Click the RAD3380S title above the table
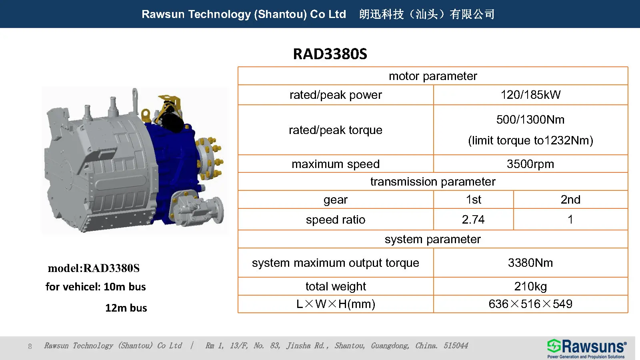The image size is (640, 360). [330, 54]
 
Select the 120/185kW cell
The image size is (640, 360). [530, 95]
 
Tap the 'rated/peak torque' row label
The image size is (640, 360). [335, 130]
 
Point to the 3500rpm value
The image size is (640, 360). [530, 164]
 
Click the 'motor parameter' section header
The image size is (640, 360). [433, 76]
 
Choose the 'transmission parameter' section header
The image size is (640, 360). [433, 182]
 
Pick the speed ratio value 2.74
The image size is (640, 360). [473, 220]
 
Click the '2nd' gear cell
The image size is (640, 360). [570, 200]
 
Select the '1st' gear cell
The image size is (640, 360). [473, 200]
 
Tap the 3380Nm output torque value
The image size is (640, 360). [530, 263]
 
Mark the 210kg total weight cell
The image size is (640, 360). [530, 286]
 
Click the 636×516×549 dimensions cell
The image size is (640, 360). [530, 304]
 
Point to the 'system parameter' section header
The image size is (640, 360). [433, 239]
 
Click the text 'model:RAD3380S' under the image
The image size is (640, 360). [94, 268]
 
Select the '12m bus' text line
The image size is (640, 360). [126, 308]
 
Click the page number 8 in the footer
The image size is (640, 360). [30, 346]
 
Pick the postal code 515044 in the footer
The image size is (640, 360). [456, 346]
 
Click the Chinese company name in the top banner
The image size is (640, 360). [427, 14]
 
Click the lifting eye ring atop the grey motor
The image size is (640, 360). [136, 95]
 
